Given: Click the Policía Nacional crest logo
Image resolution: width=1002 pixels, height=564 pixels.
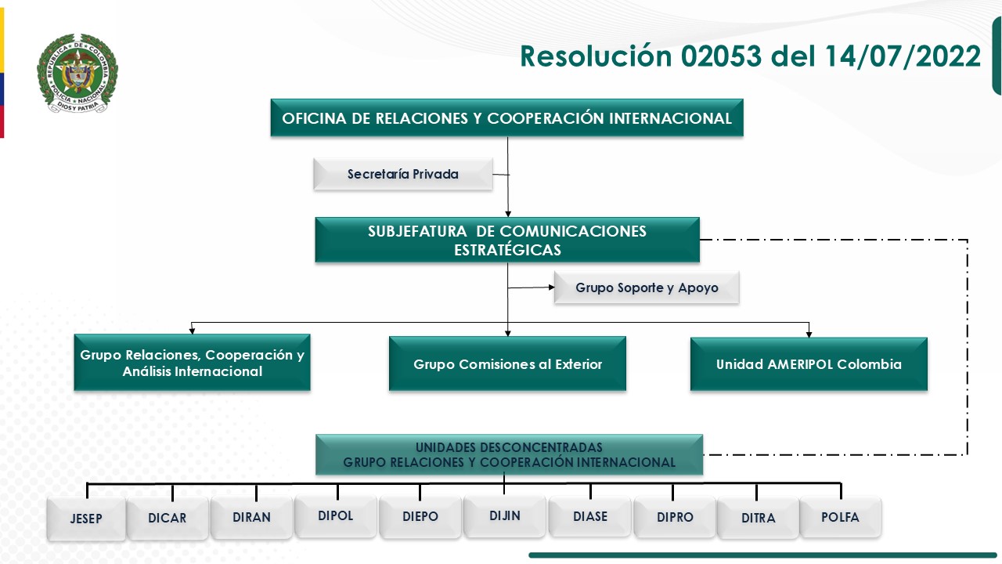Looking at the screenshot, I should click(77, 74).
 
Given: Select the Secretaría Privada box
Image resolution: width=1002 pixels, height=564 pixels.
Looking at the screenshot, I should click(403, 174).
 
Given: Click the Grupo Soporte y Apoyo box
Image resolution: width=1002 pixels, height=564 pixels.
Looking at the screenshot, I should click(647, 287).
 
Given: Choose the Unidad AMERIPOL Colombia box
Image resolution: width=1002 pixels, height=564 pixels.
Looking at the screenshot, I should click(809, 364).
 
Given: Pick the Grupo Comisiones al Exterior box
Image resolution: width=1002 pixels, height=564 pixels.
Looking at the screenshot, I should click(507, 364).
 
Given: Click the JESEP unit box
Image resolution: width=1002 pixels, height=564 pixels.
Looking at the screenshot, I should click(86, 519).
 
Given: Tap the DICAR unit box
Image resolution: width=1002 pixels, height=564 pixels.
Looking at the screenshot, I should click(168, 518).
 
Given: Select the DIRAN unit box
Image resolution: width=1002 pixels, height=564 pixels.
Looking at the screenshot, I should click(251, 517).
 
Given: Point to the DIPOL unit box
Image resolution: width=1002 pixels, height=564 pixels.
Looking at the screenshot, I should click(336, 515).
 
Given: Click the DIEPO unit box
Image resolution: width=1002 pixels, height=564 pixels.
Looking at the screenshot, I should click(420, 517).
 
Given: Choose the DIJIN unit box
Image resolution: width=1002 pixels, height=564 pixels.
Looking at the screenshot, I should click(505, 515).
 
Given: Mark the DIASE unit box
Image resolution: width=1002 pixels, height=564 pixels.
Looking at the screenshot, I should click(590, 516).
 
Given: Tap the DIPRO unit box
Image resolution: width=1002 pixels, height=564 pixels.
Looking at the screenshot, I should click(675, 517).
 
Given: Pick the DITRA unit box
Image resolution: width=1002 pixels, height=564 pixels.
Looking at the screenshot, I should click(758, 518).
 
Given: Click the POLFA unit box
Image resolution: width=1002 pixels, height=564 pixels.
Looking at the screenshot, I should click(840, 517).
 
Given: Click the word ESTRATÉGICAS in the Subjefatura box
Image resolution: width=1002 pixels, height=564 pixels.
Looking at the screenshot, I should click(507, 251).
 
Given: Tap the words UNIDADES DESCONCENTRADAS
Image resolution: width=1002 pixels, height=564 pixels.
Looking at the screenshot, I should click(509, 447).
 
